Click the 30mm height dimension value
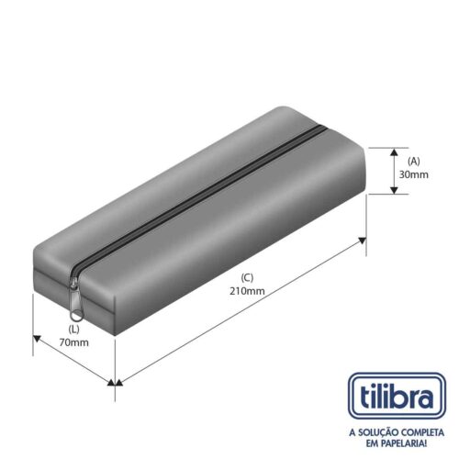click(x=413, y=174)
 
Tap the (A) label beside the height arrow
click(x=414, y=162)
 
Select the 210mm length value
click(x=247, y=291)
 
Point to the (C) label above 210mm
click(x=247, y=278)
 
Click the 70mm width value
click(x=74, y=342)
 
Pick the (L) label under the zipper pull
click(x=73, y=330)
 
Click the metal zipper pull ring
click(x=77, y=315)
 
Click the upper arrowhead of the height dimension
click(x=395, y=152)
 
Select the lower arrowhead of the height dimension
click(x=395, y=190)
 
